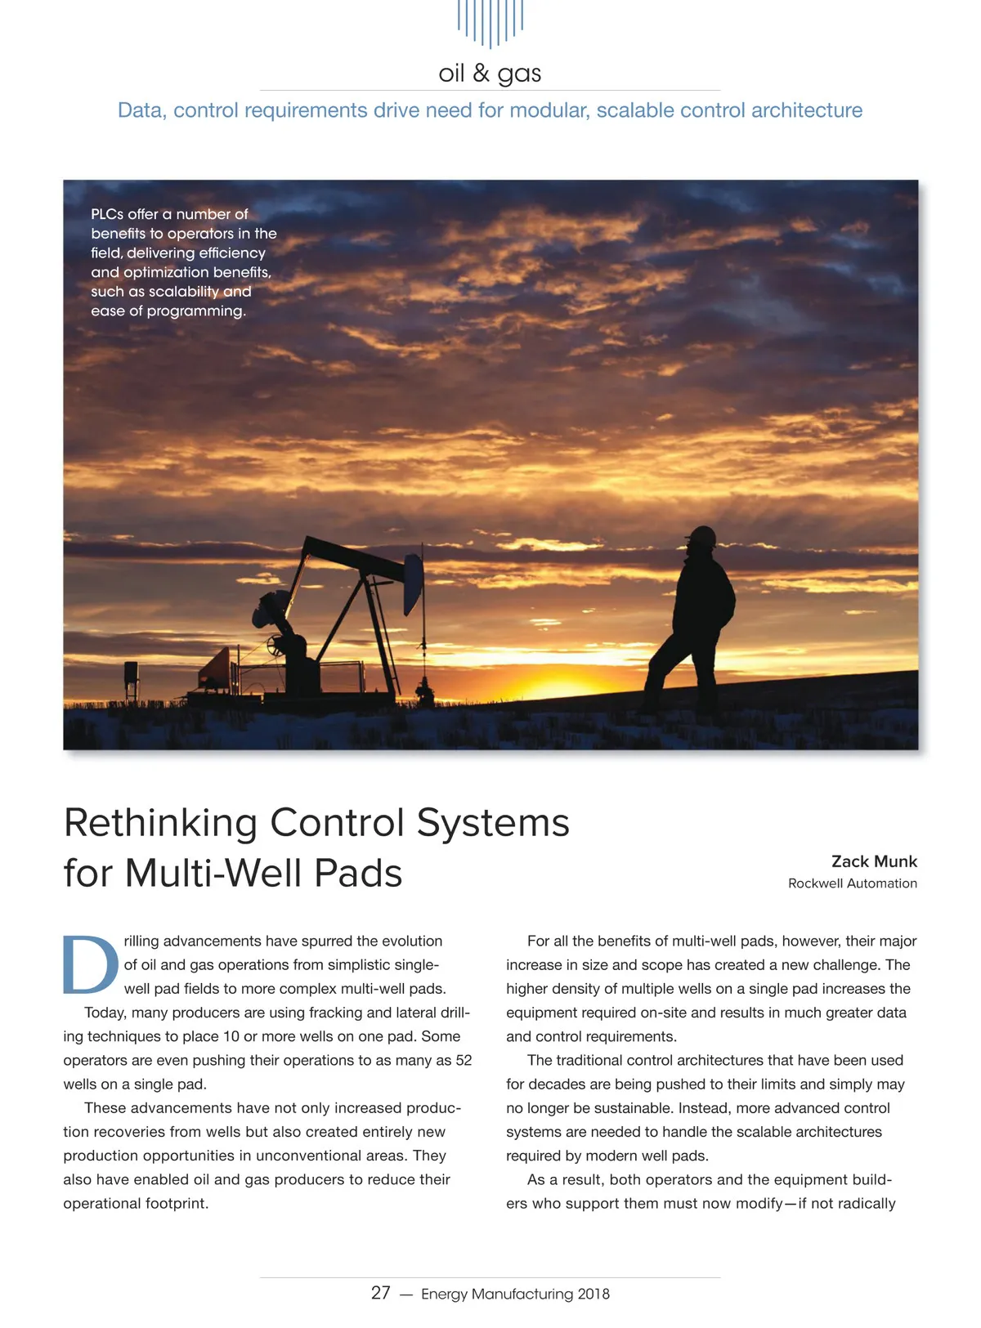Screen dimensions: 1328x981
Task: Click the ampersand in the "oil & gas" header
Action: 481,74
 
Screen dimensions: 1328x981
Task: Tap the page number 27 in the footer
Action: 380,1293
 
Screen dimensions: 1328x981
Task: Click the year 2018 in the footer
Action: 594,1294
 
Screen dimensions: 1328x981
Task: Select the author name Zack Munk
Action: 874,861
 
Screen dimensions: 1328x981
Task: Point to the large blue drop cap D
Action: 90,964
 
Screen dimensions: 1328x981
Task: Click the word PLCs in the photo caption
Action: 106,214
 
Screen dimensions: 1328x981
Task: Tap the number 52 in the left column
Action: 464,1060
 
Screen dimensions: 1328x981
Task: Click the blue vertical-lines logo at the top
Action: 490,22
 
